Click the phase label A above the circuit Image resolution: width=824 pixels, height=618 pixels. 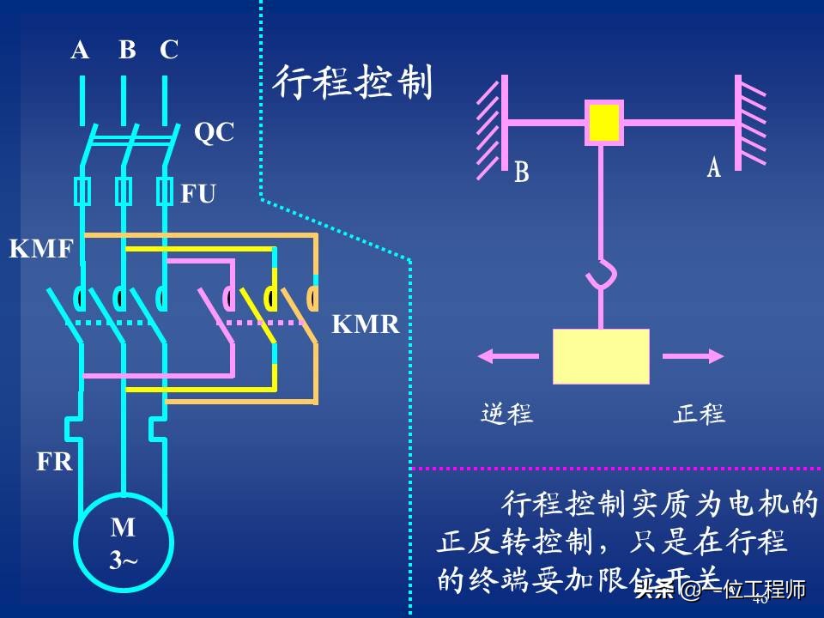(80, 51)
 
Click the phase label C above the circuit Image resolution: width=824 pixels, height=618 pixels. (169, 51)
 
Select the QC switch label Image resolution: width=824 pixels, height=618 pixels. (213, 132)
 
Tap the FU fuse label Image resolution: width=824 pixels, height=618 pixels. (197, 194)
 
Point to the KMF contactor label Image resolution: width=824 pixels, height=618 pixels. (41, 250)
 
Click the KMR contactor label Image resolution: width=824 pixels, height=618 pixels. (366, 324)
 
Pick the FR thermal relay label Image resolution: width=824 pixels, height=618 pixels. (54, 462)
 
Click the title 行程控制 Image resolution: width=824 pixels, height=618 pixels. (352, 83)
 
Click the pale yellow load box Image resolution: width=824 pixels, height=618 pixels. (601, 356)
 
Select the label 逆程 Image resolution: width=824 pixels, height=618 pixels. (506, 414)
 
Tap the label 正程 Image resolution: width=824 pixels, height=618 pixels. (699, 414)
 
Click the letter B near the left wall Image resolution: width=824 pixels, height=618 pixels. (521, 173)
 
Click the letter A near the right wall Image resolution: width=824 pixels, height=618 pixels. (713, 167)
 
